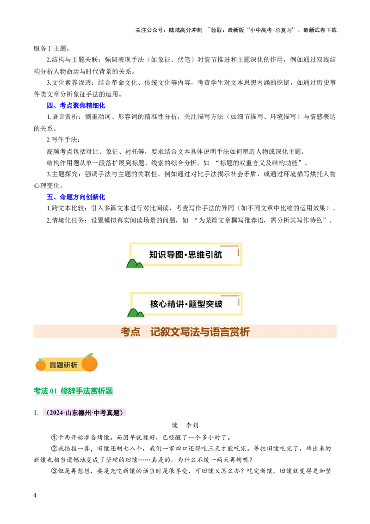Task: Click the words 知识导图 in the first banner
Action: [x=166, y=255]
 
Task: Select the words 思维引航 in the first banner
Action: [x=205, y=255]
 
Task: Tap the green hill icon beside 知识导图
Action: [x=135, y=264]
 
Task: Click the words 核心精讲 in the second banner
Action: [x=166, y=304]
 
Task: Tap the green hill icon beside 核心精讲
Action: [x=135, y=313]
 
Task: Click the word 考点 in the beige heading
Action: [x=130, y=332]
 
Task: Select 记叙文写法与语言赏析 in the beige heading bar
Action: [x=200, y=332]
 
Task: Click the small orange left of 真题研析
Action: [x=41, y=365]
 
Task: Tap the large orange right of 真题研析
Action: [x=90, y=363]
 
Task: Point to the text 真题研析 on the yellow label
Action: [x=64, y=365]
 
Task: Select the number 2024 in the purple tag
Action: [x=56, y=413]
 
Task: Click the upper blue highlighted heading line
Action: [x=76, y=106]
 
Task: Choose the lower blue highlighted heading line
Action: [x=76, y=197]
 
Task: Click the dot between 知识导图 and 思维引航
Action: [x=186, y=255]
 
